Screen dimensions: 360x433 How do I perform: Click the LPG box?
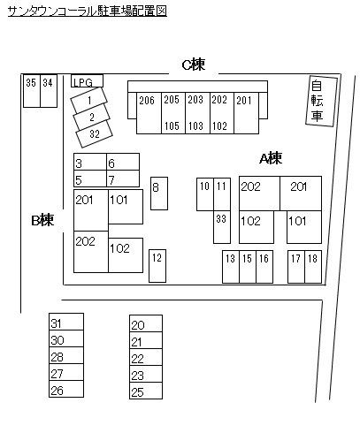[87, 81]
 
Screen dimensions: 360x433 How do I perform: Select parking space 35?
[32, 91]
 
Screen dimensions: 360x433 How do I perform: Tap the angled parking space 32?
[95, 134]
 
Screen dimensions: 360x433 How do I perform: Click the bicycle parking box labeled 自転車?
[321, 101]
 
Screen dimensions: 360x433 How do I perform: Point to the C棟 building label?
[194, 65]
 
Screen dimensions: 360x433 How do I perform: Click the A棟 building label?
[271, 158]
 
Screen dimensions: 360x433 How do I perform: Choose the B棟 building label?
[42, 220]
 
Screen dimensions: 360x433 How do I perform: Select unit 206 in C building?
[149, 113]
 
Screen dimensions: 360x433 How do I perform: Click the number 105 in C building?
[172, 126]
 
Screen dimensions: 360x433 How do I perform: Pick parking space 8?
[159, 194]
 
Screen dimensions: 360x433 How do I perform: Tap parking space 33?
[222, 227]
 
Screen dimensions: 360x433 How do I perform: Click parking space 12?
[157, 266]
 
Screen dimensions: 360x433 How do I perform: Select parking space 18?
[313, 267]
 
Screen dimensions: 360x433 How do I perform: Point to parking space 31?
[66, 322]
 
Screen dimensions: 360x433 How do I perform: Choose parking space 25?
[146, 391]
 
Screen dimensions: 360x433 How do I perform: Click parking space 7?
[123, 179]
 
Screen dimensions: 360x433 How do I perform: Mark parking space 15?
[248, 267]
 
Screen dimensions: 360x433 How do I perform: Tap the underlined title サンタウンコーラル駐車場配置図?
[88, 11]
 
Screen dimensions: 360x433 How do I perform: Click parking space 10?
[205, 194]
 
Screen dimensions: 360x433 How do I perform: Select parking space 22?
[146, 357]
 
